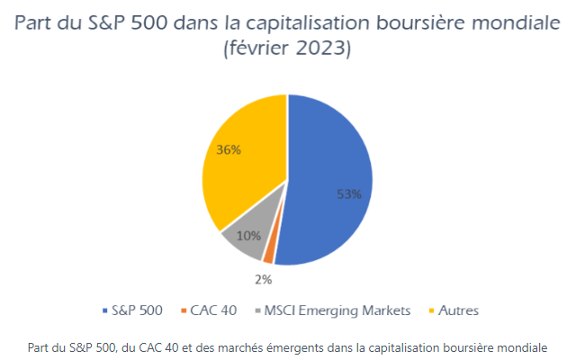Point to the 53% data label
point(348,193)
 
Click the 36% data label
point(229,150)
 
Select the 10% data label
point(249,235)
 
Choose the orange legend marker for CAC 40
point(184,310)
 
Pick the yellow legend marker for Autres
point(429,310)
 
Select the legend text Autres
point(460,310)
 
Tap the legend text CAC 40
point(213,310)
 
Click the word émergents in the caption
point(327,346)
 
